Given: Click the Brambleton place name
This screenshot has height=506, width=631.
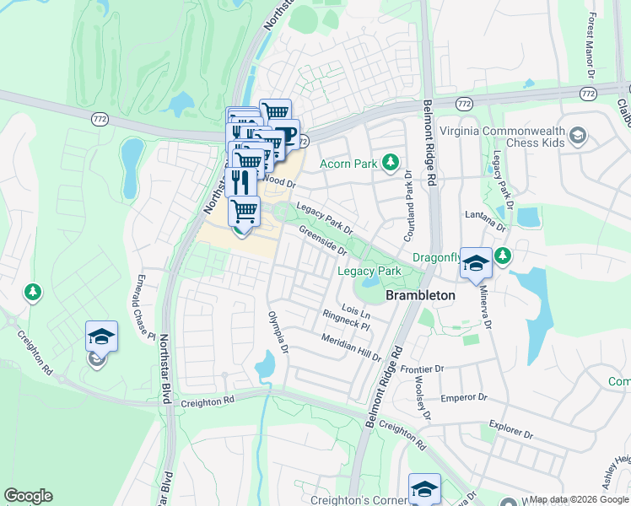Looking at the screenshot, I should tap(420, 296).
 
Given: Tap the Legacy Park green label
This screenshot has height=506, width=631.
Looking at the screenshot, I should tap(369, 271).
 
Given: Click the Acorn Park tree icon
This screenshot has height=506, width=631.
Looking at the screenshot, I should tap(390, 161).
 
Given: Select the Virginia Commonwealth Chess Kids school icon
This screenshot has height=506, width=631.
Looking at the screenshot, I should tap(578, 136).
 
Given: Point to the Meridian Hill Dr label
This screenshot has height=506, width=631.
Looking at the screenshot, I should tap(351, 347).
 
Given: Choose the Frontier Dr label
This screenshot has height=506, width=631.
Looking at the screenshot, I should tap(422, 369).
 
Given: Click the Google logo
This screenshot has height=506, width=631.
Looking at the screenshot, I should tap(28, 496).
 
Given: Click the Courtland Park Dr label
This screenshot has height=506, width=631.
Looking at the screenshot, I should tap(407, 194).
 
